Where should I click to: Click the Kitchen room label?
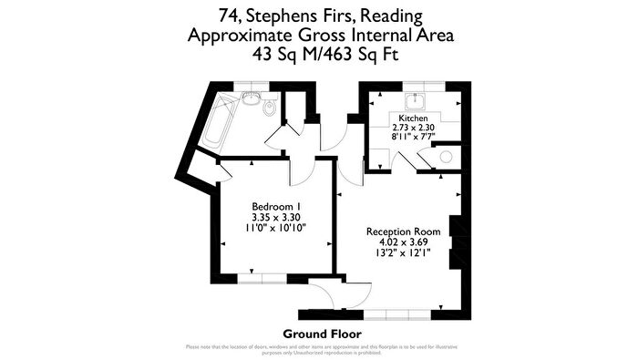413,118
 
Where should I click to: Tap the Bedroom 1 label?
276,206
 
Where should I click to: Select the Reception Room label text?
404,231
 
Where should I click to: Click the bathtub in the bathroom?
221,122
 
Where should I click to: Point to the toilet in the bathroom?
269,108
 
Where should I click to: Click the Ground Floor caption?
318,334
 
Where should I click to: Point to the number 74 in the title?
231,15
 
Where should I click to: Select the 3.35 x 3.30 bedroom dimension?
276,217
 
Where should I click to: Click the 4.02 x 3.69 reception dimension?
404,242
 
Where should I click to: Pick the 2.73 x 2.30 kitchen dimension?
413,128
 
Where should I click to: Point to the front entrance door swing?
325,294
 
